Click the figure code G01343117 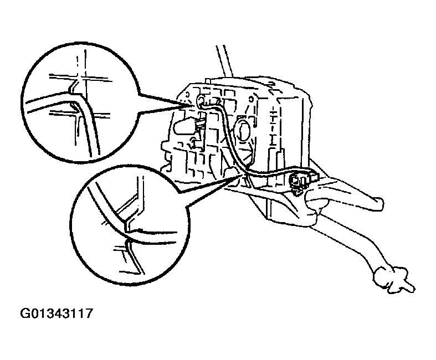pos(56,314)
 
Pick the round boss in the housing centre pos(243,132)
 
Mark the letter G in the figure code pos(25,314)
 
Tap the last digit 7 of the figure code pos(87,314)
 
